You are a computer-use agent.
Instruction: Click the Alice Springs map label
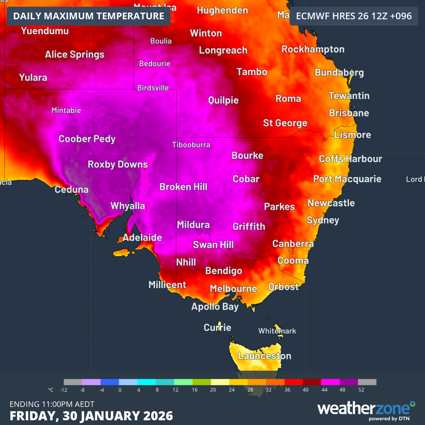pos(75,54)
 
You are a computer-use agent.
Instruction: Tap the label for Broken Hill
pos(183,187)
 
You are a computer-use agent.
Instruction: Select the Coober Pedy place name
pos(87,139)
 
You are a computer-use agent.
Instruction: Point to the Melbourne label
pos(233,289)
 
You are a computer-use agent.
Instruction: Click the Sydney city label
pos(323,220)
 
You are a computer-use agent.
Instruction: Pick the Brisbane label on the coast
pos(349,113)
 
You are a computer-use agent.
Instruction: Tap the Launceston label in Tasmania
pos(264,356)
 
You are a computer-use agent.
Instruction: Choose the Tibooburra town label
pos(191,145)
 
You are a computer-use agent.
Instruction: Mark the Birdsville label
pos(153,88)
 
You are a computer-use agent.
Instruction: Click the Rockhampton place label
pos(313,49)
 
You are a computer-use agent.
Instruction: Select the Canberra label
pos(293,244)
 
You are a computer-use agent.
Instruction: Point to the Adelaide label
pos(142,238)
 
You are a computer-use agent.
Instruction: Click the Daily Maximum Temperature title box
pos(89,16)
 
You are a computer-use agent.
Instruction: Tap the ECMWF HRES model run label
pos(354,16)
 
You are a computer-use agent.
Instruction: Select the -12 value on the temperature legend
pos(63,390)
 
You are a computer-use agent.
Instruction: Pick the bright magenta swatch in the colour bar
pos(331,382)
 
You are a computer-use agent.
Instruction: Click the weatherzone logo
pos(366,409)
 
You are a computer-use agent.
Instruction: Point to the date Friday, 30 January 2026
pos(91,416)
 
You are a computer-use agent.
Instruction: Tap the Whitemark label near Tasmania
pos(277,331)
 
